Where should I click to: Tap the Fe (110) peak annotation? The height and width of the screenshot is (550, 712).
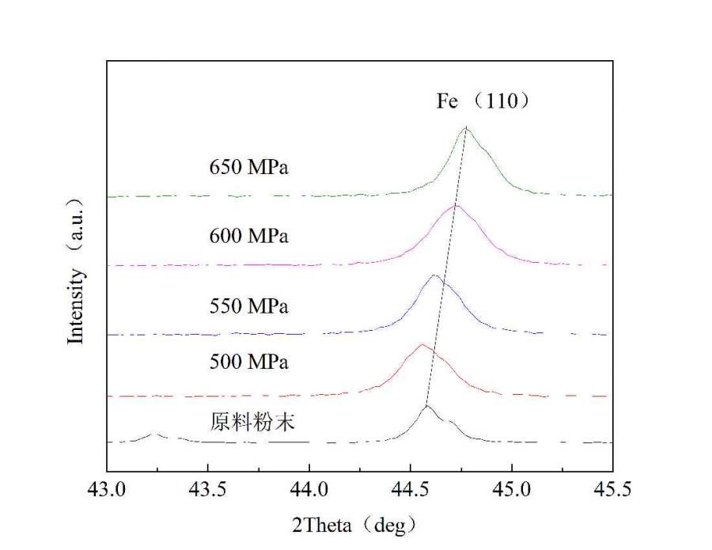point(487,102)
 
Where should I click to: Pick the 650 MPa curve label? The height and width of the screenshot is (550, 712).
point(249,167)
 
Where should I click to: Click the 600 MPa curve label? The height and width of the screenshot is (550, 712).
point(249,236)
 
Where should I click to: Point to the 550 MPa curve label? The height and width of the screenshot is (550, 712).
point(249,305)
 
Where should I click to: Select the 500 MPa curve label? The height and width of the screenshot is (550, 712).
point(249,362)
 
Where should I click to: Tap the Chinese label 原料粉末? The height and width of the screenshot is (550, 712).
point(246,422)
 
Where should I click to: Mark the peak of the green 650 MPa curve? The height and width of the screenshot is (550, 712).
point(466,127)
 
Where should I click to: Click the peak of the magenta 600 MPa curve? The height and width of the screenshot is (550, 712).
point(455,205)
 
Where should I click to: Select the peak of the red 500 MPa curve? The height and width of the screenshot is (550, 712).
point(422,344)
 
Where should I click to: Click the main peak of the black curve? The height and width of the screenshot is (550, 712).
point(427,405)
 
